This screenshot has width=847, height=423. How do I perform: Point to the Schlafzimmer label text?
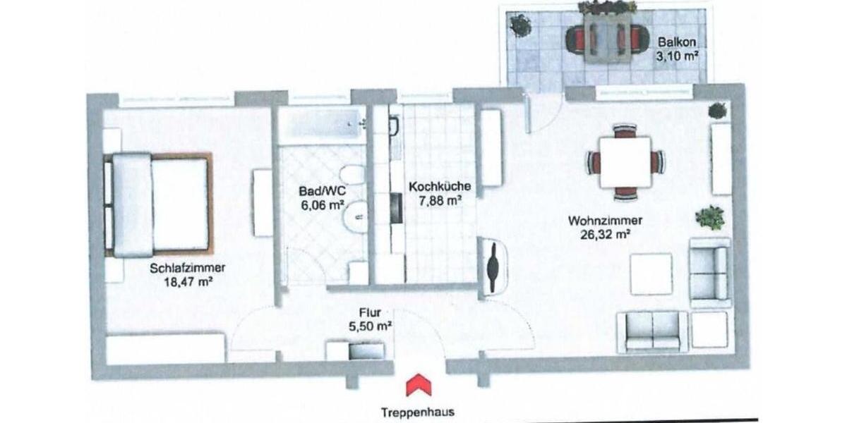tap(187, 268)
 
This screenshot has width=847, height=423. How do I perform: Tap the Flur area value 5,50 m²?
tap(370, 326)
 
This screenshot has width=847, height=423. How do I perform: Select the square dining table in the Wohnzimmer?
tap(625, 162)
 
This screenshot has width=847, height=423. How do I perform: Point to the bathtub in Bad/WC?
tap(321, 125)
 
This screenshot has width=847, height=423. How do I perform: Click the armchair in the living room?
tap(709, 272)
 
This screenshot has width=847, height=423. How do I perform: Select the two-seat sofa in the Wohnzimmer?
tap(652, 331)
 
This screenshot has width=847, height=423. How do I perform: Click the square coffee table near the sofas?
tap(651, 273)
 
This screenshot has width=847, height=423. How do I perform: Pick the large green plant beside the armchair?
tap(709, 217)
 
